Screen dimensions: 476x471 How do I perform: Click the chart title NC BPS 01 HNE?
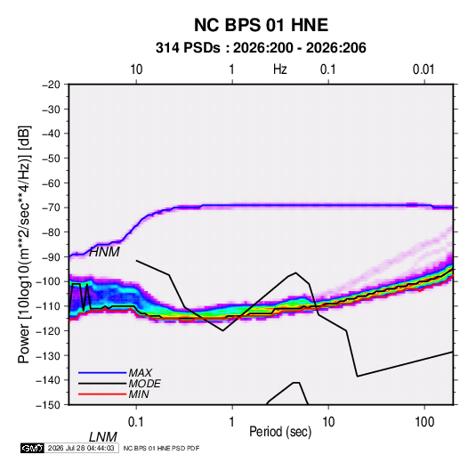(x=261, y=25)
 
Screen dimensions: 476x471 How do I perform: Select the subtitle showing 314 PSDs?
(x=261, y=48)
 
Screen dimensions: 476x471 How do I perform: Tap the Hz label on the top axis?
(x=280, y=69)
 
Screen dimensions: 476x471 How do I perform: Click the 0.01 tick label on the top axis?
(x=424, y=69)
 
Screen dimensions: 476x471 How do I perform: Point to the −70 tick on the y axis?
(x=51, y=207)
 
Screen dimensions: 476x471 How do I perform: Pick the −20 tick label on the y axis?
(x=51, y=85)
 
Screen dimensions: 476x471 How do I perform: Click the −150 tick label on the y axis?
(x=48, y=405)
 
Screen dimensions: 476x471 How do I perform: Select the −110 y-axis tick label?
(x=48, y=306)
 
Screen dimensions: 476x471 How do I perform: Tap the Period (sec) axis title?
(x=280, y=432)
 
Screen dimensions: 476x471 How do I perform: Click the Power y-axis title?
(x=24, y=244)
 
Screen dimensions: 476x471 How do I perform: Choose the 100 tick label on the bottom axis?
(x=424, y=422)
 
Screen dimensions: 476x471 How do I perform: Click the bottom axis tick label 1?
(x=232, y=422)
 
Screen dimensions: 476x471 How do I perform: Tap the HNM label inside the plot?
(x=104, y=252)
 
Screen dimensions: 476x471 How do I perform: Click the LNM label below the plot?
(x=102, y=437)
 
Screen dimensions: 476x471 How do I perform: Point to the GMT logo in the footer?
(x=33, y=448)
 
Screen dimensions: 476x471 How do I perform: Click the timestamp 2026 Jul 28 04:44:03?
(x=81, y=448)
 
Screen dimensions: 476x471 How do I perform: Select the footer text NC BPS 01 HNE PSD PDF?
(x=161, y=448)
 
